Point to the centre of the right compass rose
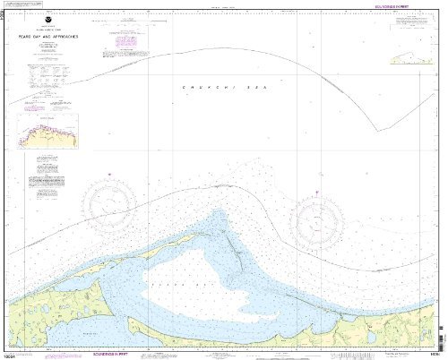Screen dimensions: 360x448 (320, 218)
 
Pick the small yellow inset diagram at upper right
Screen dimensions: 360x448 (412, 59)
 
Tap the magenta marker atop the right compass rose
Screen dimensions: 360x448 (320, 192)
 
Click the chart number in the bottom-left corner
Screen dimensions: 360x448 (11, 354)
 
